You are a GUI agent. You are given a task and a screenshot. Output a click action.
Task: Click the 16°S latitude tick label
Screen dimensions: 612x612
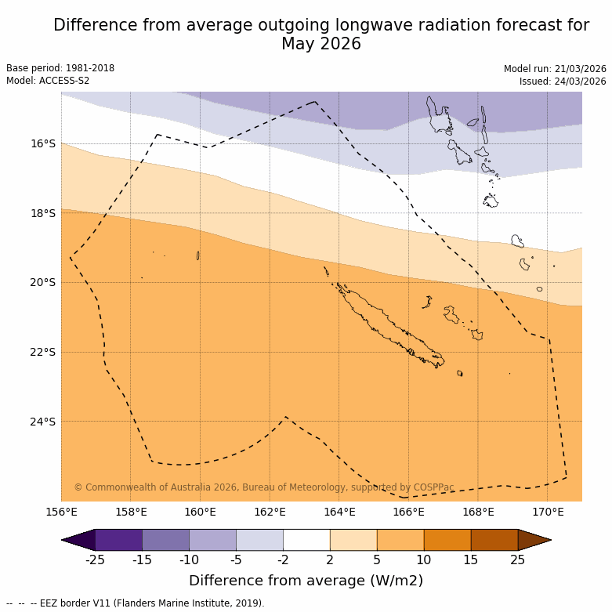click(43, 143)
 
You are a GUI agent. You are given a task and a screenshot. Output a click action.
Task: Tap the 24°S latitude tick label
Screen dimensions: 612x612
click(43, 422)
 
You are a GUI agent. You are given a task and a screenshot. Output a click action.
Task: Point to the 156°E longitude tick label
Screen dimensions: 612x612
click(61, 512)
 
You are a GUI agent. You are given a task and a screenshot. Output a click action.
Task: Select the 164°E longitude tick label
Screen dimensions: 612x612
click(339, 512)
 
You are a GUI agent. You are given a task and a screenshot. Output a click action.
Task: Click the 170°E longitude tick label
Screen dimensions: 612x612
click(548, 512)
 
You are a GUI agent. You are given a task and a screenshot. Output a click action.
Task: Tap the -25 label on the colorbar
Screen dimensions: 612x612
click(95, 559)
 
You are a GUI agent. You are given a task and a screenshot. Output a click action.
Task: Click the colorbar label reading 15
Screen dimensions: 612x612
click(471, 559)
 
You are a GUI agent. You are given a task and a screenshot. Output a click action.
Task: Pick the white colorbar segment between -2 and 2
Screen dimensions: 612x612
click(306, 540)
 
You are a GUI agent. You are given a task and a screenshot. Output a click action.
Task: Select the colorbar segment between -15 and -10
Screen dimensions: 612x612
click(165, 540)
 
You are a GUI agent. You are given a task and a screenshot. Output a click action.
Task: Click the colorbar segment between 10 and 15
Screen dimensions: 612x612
click(447, 540)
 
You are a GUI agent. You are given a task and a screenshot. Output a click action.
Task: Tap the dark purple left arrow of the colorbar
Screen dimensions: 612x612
click(78, 540)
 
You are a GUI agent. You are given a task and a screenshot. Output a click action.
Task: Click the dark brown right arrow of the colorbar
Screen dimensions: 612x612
click(534, 540)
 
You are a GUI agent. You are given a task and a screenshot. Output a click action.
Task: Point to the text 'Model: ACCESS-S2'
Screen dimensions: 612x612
click(48, 81)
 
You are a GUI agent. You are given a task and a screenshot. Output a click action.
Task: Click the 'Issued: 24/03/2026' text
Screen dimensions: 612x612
click(563, 81)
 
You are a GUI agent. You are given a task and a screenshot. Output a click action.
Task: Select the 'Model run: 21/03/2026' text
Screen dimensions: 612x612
click(555, 69)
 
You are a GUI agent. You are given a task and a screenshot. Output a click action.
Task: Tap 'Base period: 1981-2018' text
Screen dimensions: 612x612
click(60, 68)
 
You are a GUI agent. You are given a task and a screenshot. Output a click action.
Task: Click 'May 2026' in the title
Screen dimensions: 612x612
click(321, 44)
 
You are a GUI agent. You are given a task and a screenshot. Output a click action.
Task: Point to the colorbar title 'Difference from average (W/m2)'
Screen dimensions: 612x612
click(306, 581)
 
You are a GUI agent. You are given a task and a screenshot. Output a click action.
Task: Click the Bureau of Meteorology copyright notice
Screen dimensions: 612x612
click(264, 487)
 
